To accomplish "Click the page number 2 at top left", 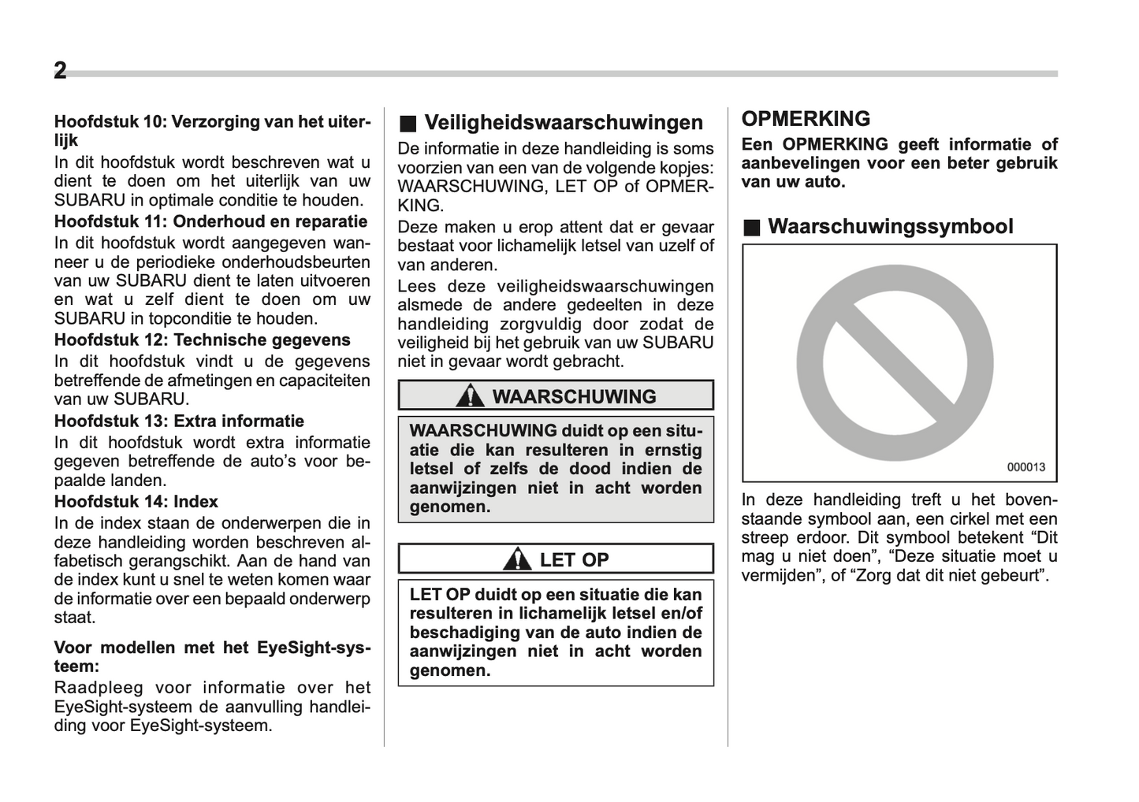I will pos(60,71).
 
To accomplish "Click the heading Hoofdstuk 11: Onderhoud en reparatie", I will pos(210,221).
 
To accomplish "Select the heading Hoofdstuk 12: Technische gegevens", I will pos(202,340).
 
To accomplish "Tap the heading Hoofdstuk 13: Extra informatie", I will pos(179,421).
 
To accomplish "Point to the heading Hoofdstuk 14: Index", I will pos(136,502).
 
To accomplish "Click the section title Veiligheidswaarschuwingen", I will pos(564,122).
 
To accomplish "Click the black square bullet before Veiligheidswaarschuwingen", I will pos(407,123).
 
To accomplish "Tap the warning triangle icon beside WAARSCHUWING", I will pos(471,395).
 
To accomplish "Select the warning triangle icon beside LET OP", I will pos(517,559).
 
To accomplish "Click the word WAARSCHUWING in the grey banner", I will pos(574,396).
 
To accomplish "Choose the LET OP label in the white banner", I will pos(574,560).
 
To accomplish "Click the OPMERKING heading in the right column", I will pos(806,119).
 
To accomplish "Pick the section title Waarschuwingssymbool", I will pos(890,227).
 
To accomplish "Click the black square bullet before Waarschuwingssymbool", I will pos(753,228).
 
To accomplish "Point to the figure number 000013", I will pos(1025,466).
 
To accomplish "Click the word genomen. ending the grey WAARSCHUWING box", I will pos(449,507).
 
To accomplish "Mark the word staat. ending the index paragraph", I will pos(74,618).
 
